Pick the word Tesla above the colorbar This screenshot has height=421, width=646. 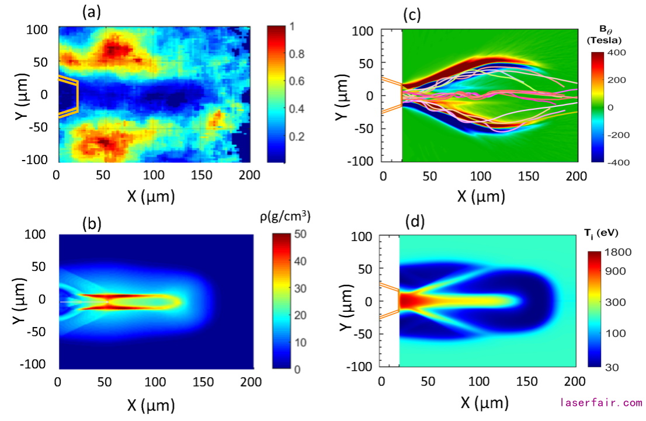(603, 40)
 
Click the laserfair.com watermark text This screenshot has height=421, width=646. (601, 403)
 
